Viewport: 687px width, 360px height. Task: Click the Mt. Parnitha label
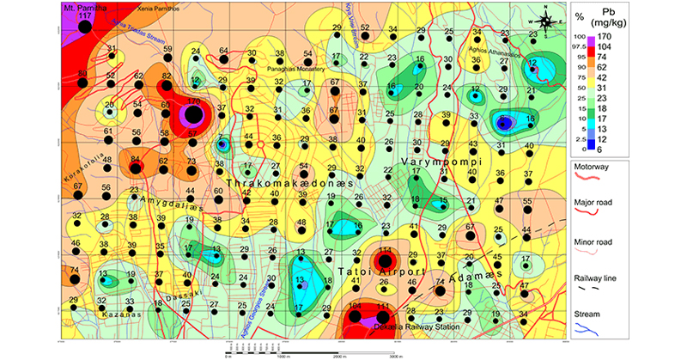click(84, 7)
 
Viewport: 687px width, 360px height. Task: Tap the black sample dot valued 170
click(194, 114)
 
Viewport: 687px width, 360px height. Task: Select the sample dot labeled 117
click(84, 27)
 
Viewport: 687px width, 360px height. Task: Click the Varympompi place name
click(443, 162)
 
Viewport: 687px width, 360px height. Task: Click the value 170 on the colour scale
click(629, 38)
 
